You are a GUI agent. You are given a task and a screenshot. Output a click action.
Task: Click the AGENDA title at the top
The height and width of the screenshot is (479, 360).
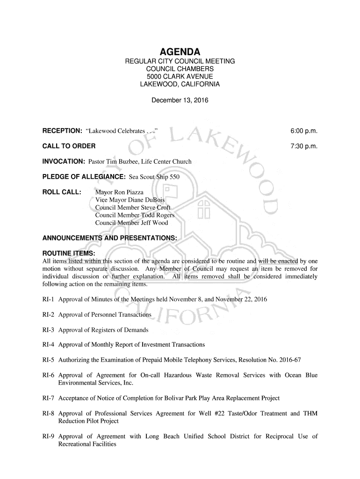180,51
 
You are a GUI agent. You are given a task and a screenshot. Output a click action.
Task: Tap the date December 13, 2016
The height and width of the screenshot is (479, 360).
180,100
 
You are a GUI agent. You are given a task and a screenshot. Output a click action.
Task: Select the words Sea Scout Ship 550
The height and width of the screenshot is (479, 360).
154,177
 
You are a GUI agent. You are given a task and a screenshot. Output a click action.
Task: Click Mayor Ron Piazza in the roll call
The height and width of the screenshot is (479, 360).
119,192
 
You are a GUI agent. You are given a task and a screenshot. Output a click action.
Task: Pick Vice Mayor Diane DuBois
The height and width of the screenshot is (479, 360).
130,200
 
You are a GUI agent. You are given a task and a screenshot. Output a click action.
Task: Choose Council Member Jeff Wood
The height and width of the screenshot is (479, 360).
131,223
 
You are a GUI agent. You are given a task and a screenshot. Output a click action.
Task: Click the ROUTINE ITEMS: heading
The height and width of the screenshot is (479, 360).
69,254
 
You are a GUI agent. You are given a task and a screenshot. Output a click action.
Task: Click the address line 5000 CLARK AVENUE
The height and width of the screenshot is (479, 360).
180,76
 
